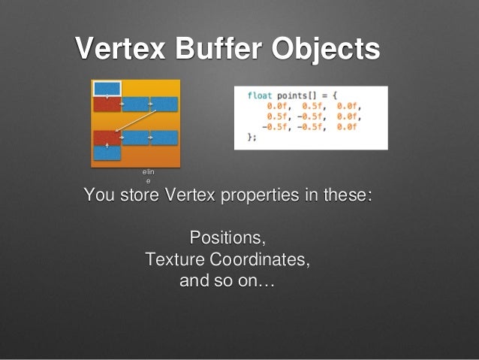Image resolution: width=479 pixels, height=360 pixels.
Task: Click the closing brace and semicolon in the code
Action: (252, 138)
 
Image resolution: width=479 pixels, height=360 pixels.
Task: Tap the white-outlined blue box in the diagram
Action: (106, 88)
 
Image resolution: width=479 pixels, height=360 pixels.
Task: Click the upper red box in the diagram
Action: (107, 104)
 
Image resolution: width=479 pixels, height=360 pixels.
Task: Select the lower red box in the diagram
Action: (107, 138)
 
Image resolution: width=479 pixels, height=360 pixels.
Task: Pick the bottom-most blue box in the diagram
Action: (107, 152)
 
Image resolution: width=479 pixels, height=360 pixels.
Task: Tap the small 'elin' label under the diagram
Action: (148, 173)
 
